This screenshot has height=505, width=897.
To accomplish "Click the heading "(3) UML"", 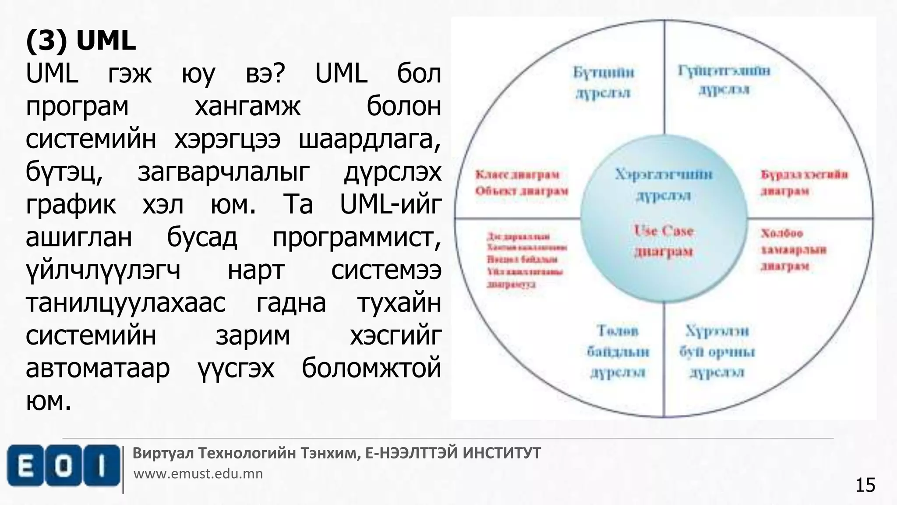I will coord(81,41).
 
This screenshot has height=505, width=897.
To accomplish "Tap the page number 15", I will coord(865,485).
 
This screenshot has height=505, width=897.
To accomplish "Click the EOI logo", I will coord(64,466).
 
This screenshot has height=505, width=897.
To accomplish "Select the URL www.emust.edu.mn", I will coord(198,474).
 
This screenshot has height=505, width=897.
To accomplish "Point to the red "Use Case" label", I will coord(664,231).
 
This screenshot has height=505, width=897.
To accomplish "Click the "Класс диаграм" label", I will coord(517,175).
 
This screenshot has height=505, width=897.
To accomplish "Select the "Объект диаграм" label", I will coord(521,191).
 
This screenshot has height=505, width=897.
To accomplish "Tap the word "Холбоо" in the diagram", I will coord(782,233).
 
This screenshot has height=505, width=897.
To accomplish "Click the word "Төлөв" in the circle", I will coord(618,331).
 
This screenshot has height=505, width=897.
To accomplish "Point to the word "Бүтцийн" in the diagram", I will coord(604,72).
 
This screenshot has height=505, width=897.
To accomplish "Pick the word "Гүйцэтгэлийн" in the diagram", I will coord(724,71).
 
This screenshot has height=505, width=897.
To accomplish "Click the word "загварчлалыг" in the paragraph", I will coord(224,172).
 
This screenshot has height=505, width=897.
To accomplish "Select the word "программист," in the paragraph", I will coord(357,238).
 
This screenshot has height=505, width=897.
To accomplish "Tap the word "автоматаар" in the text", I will coord(98,368).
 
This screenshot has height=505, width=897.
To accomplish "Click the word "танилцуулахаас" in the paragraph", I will coord(126,303).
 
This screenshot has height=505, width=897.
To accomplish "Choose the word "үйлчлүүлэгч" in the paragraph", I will coord(103,270).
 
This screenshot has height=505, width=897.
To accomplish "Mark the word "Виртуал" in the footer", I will coord(163,453).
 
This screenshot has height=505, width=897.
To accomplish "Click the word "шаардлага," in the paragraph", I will coord(370,139).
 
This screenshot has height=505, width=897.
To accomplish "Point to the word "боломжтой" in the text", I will coord(371,368).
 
